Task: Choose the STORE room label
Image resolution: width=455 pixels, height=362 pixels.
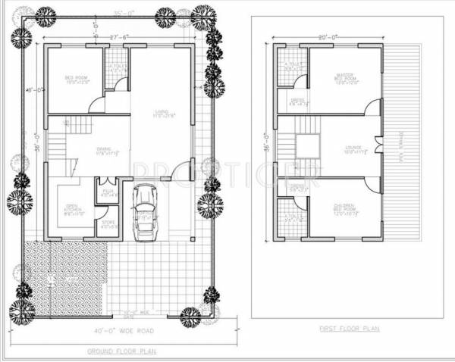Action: point(108,222)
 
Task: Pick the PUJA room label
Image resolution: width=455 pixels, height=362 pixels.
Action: point(107,192)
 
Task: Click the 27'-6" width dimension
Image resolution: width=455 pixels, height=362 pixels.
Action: point(116,37)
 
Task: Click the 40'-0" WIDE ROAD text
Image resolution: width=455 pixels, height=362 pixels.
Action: point(126,330)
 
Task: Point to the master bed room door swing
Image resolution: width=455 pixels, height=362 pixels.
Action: point(372,108)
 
